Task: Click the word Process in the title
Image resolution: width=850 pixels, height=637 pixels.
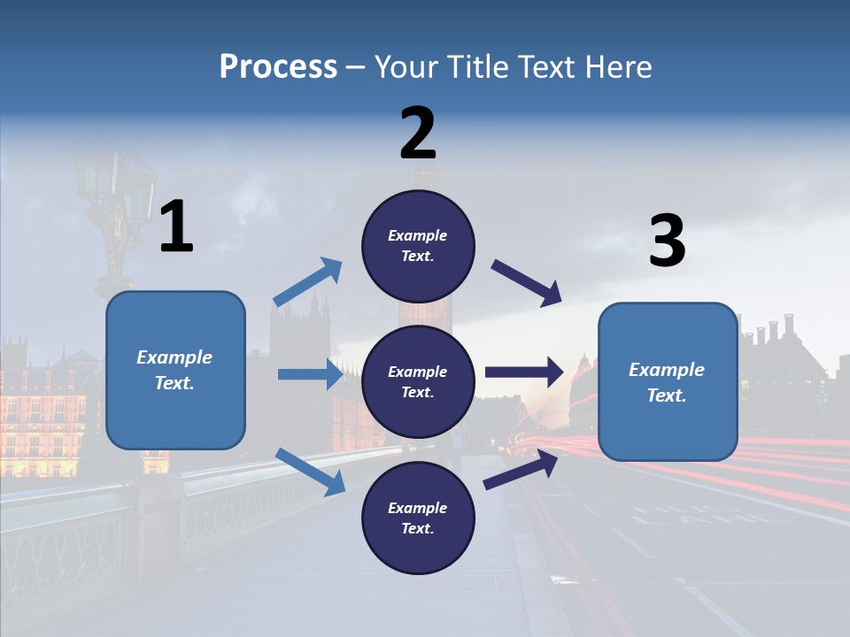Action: [x=278, y=67]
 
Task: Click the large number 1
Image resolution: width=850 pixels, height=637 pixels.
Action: [x=177, y=226]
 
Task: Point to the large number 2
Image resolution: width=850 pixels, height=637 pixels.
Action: [x=418, y=133]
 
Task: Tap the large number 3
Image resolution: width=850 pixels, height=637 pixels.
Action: [x=668, y=240]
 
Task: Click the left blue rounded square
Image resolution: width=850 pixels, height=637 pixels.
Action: [x=175, y=370]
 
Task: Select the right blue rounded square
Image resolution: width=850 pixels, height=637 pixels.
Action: [x=668, y=382]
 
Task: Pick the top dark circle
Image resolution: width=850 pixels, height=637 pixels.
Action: [x=418, y=246]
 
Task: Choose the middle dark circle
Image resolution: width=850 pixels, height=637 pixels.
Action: [x=418, y=382]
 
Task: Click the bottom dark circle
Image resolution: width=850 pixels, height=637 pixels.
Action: [x=418, y=518]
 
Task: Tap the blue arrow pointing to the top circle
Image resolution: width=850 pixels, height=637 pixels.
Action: [x=307, y=281]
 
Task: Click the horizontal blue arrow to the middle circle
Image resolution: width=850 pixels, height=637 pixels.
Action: [x=310, y=373]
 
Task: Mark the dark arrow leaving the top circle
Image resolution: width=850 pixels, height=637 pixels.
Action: [x=526, y=283]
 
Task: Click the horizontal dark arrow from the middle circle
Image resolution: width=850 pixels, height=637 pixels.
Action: [x=524, y=372]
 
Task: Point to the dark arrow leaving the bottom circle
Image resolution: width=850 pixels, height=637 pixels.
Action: [x=521, y=470]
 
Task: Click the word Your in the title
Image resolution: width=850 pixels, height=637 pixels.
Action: [x=406, y=66]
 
